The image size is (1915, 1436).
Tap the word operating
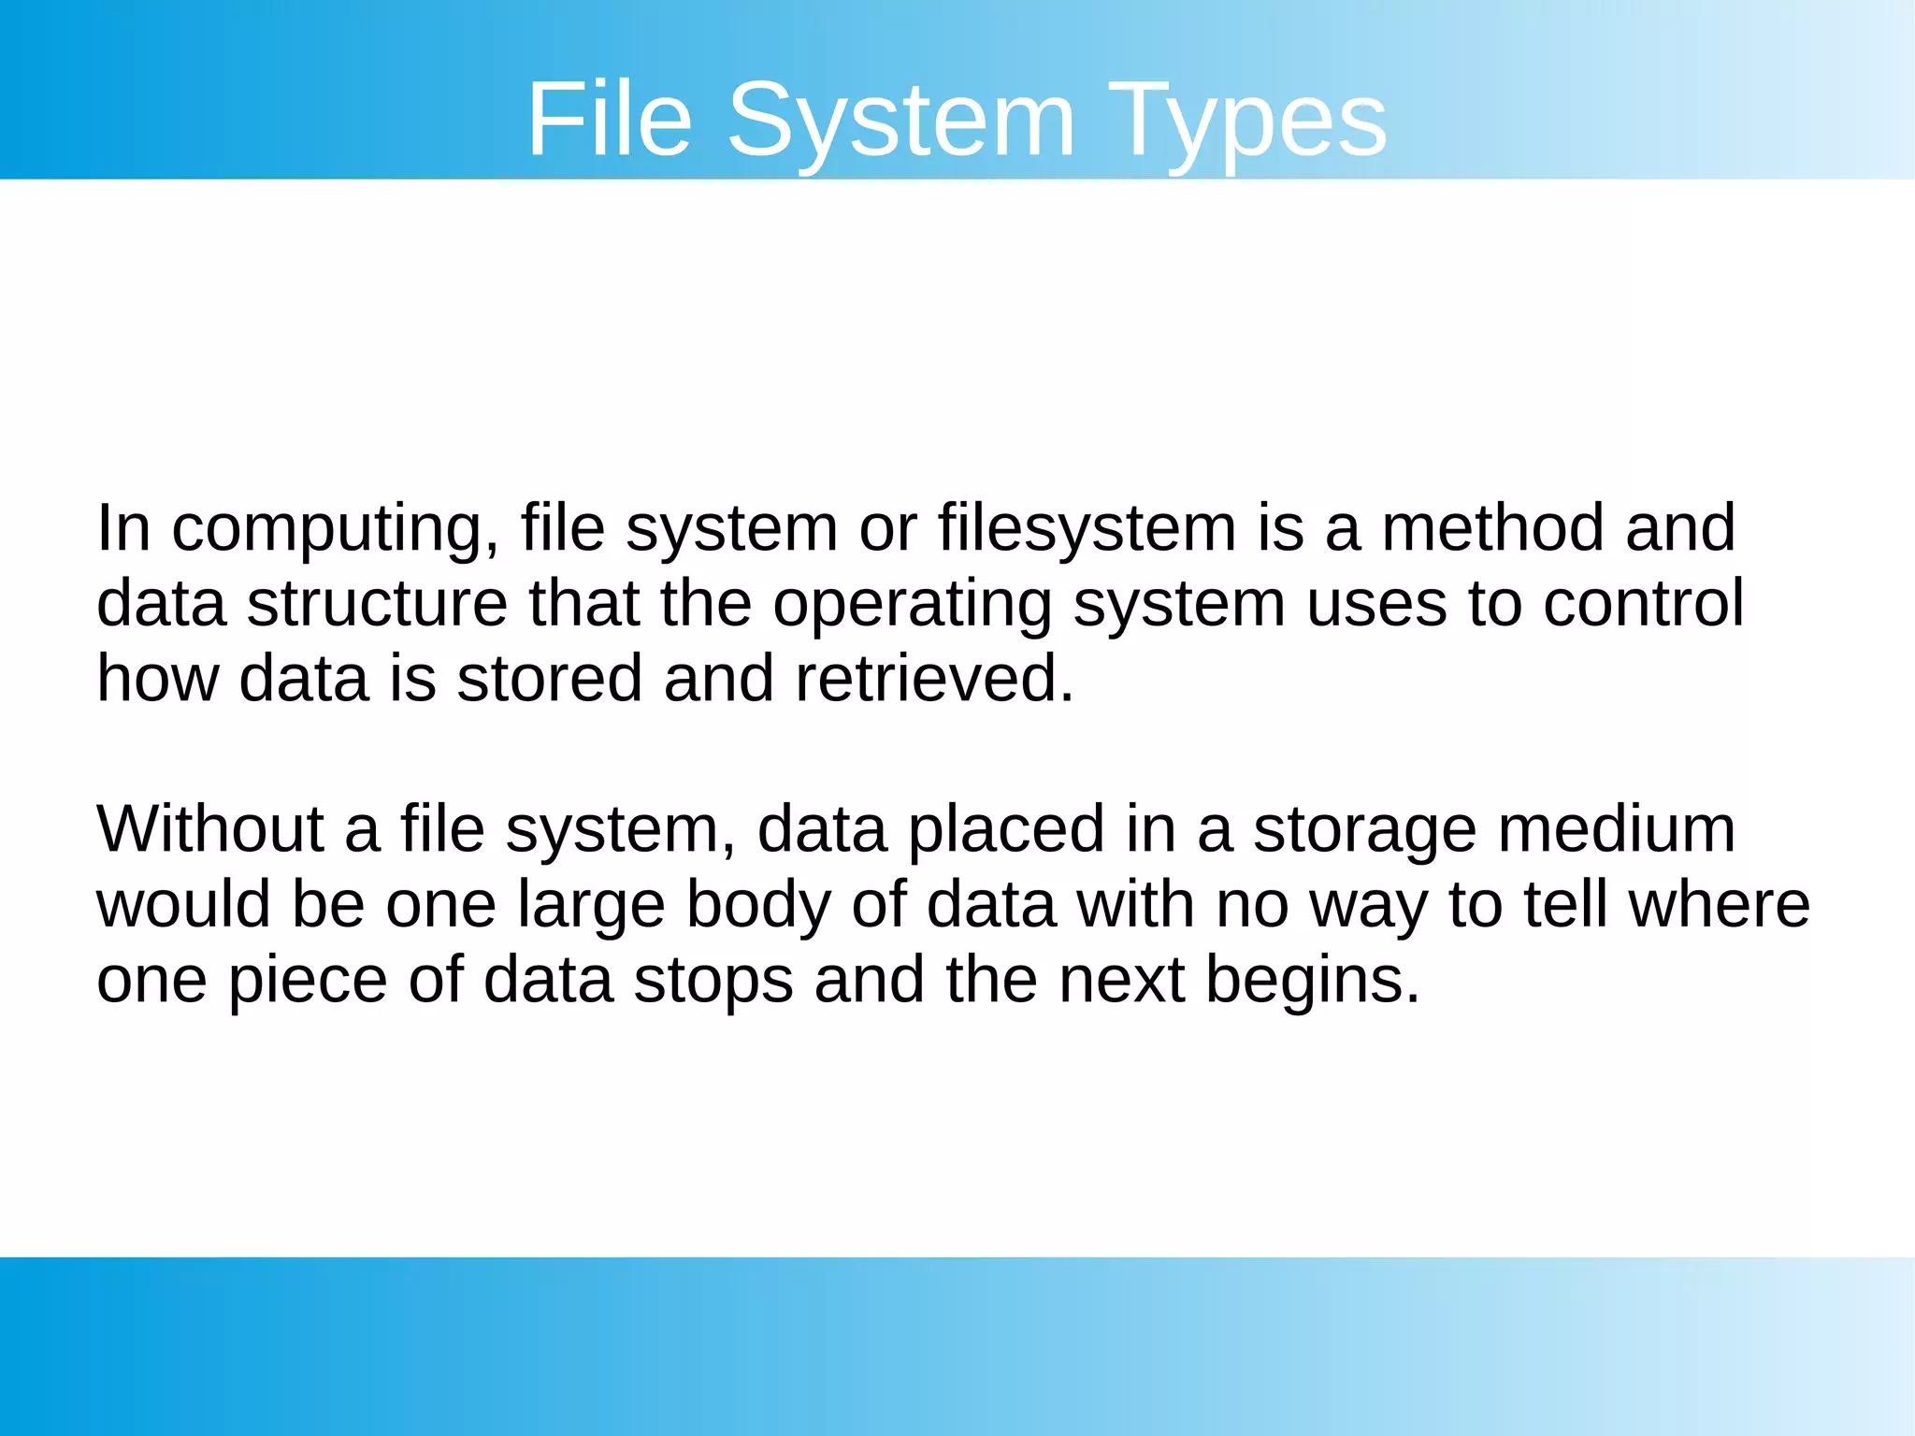912,605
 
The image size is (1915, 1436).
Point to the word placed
1006,830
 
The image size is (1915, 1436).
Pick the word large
591,905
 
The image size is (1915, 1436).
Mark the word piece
308,981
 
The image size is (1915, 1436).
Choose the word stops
713,981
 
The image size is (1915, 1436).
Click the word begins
1313,981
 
